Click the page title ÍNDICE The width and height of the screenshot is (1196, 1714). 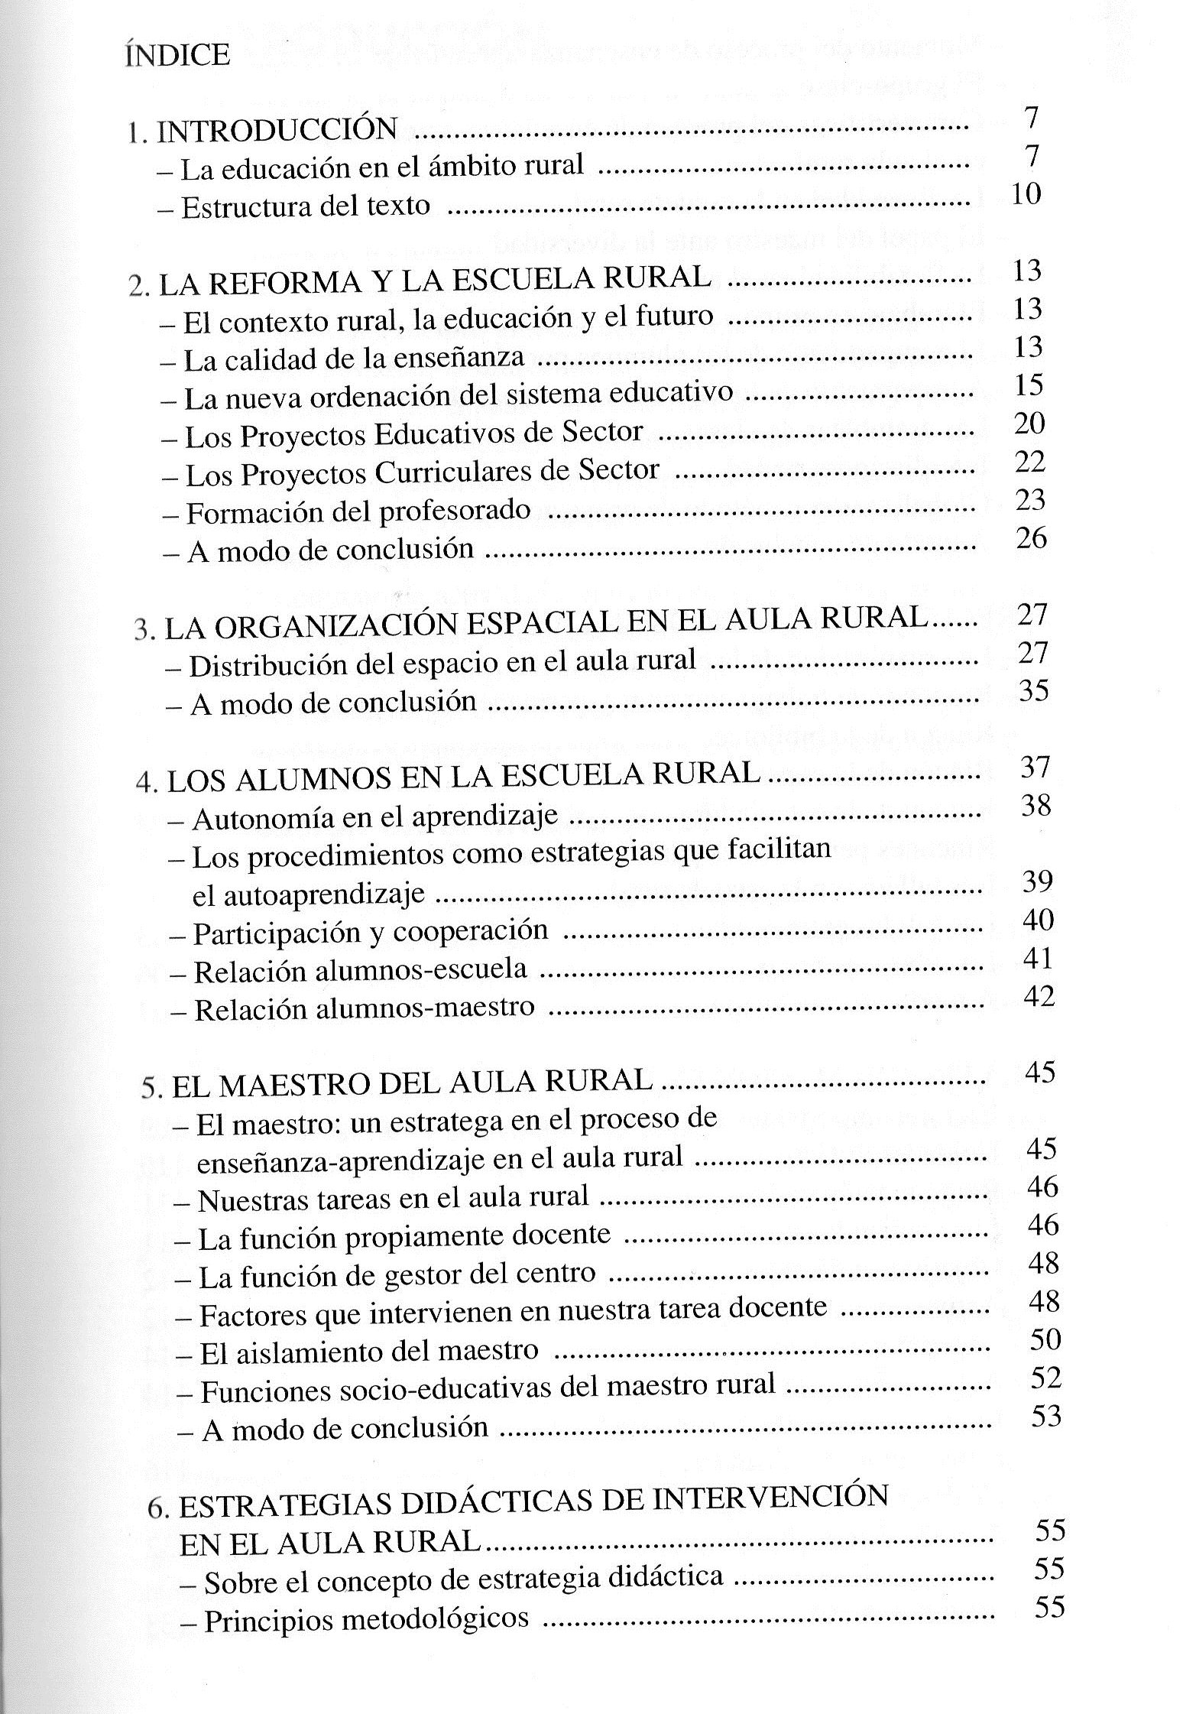(177, 56)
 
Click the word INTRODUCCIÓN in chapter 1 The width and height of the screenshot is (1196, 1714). (277, 129)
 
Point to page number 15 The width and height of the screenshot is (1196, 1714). (1029, 385)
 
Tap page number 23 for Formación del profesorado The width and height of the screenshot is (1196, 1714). (1030, 500)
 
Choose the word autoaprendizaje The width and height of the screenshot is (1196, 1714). (309, 894)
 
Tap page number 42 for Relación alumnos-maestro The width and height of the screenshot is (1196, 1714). (1038, 997)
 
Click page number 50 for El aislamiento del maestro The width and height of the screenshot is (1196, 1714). (1045, 1339)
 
